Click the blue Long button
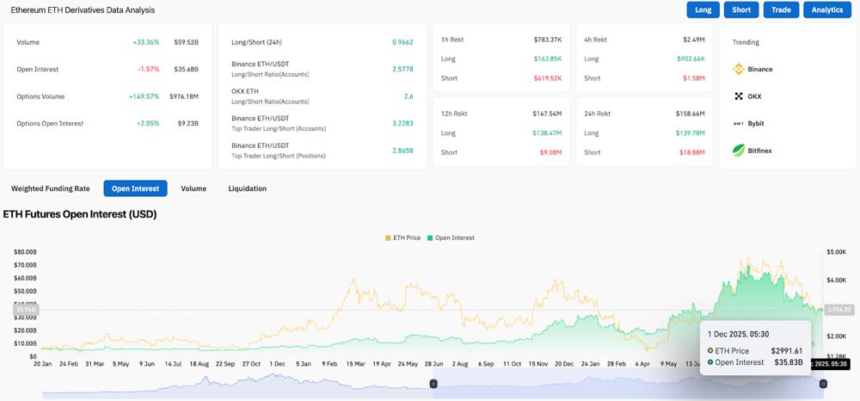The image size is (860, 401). pyautogui.click(x=703, y=9)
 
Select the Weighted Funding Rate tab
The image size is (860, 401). pyautogui.click(x=51, y=188)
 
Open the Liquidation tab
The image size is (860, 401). pyautogui.click(x=247, y=188)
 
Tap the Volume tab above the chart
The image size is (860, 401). pyautogui.click(x=193, y=188)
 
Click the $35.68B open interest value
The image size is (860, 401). pyautogui.click(x=186, y=69)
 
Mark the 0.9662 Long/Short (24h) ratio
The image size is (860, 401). pyautogui.click(x=402, y=42)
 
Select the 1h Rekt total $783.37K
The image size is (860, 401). pyautogui.click(x=547, y=40)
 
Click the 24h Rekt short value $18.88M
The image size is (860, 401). pyautogui.click(x=692, y=152)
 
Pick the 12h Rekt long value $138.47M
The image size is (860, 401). pyautogui.click(x=547, y=133)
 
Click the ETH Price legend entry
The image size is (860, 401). pyautogui.click(x=403, y=238)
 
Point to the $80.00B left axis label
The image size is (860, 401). pyautogui.click(x=25, y=252)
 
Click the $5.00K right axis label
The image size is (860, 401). pyautogui.click(x=837, y=252)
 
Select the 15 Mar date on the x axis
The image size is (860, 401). pyautogui.click(x=355, y=364)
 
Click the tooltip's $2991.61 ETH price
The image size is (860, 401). pyautogui.click(x=785, y=351)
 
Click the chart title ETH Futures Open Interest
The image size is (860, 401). pyautogui.click(x=80, y=214)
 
